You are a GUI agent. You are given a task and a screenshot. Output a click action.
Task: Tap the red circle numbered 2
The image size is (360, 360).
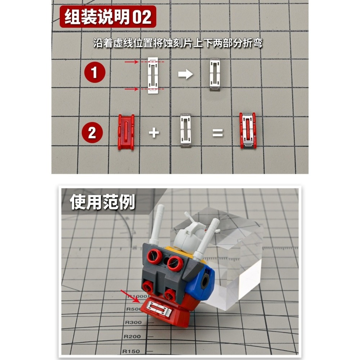point(92,133)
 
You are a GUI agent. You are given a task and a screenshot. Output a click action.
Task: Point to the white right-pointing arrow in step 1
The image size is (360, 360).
point(186,75)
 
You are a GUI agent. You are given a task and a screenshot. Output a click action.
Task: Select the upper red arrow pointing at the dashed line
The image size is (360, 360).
point(131,62)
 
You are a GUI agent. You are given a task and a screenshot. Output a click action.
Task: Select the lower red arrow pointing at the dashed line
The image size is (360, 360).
point(131,89)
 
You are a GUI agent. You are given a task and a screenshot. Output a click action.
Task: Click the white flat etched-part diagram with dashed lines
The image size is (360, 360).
point(152,75)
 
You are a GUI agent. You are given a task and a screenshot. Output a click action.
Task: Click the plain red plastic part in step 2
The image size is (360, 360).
point(126,132)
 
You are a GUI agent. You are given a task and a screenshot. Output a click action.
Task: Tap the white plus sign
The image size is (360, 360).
point(154,133)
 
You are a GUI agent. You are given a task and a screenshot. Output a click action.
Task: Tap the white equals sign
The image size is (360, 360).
point(217,133)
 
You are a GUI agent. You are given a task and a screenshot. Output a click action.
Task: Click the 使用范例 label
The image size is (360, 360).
point(102,202)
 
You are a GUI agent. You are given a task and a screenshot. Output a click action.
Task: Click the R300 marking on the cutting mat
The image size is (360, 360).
point(134,323)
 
